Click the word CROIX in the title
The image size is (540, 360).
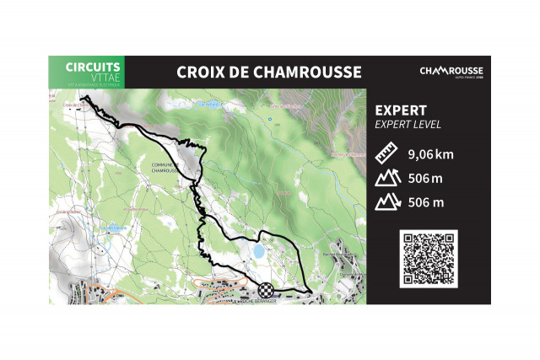point(200,72)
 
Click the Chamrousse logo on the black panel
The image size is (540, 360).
point(452,72)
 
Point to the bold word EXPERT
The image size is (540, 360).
point(400,110)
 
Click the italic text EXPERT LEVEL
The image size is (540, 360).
point(408,125)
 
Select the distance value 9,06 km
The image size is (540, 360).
point(430,155)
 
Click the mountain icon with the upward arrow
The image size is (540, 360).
point(386,179)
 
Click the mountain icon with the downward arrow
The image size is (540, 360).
point(386,202)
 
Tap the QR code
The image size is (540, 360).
point(428,259)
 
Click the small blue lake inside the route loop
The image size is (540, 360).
point(257,250)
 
